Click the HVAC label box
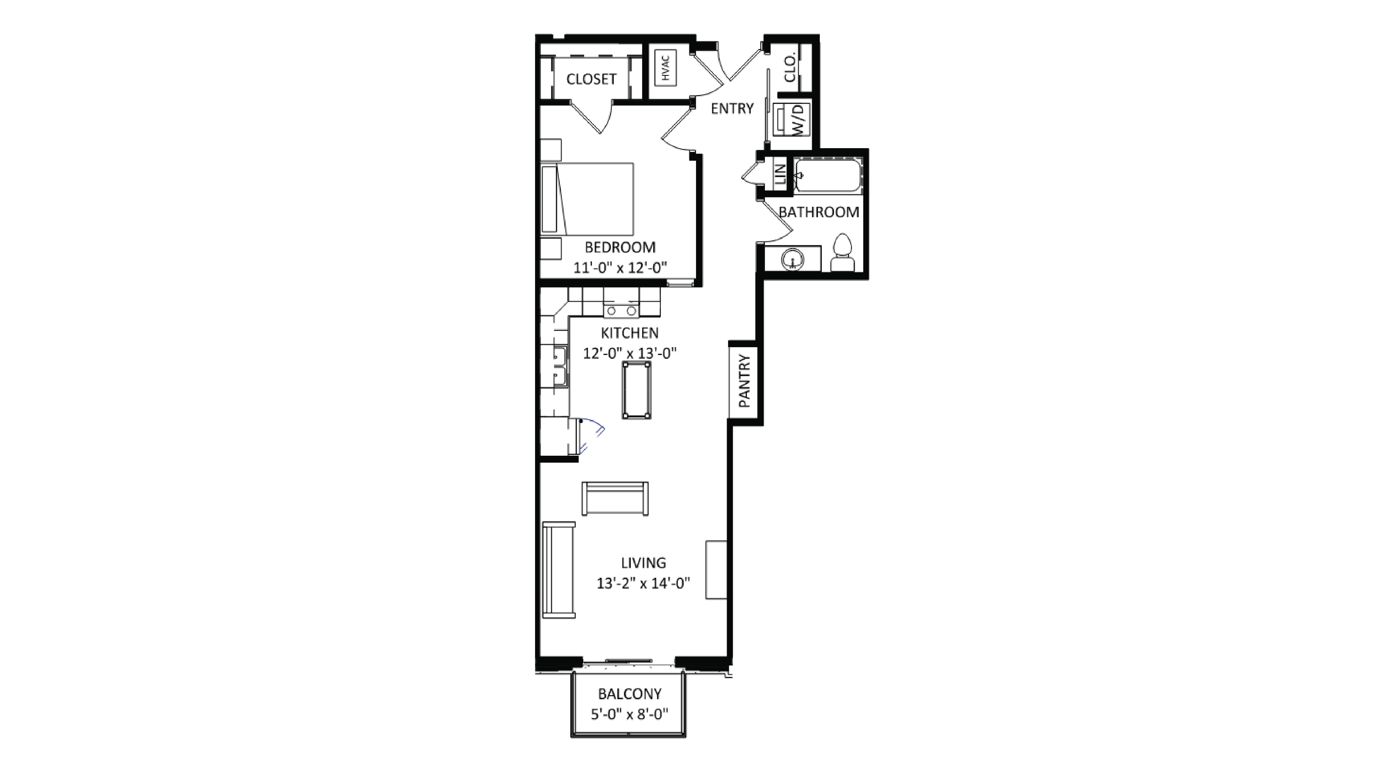(665, 68)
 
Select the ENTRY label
(732, 109)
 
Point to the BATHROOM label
(818, 212)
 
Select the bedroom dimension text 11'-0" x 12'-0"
(620, 268)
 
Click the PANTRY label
(744, 381)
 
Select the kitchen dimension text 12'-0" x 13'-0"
(630, 353)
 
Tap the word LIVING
(643, 563)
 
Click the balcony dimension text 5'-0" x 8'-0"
(629, 714)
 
